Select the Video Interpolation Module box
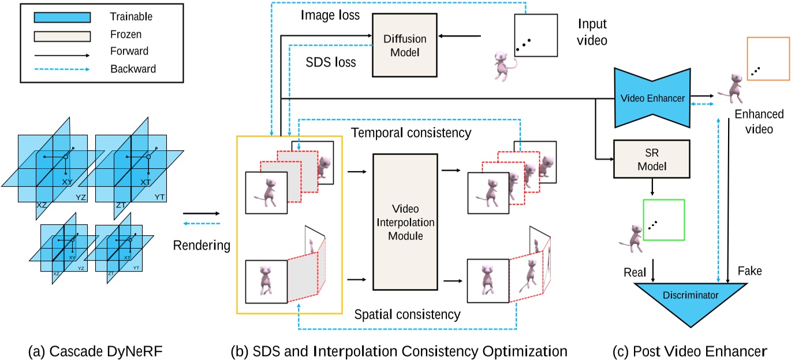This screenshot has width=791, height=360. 402,222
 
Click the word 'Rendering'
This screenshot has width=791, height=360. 202,246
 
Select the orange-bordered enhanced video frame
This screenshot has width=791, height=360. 767,58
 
